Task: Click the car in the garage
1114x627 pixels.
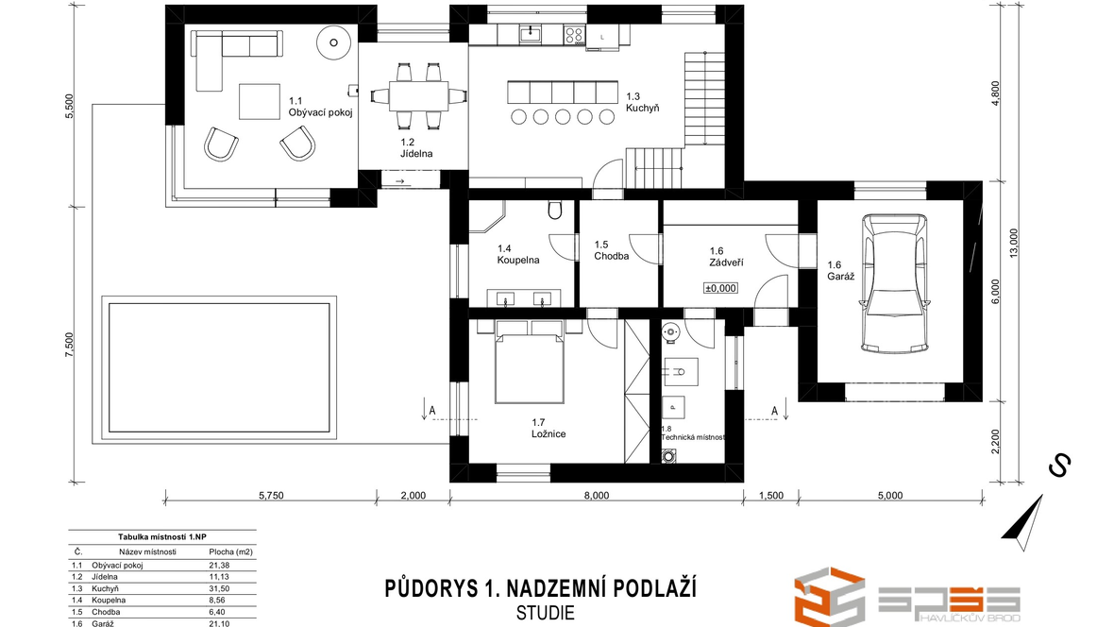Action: pos(894,283)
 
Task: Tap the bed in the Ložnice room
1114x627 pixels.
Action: pos(530,361)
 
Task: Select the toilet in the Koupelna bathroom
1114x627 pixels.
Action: pos(555,210)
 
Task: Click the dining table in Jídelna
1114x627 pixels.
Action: pos(419,95)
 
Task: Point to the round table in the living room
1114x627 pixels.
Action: pos(333,42)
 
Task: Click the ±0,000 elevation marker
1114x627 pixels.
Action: pos(720,288)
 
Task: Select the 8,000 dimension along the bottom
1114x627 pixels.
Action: pos(596,496)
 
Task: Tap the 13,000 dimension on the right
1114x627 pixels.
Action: pos(1013,243)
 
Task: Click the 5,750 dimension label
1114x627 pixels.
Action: pos(271,496)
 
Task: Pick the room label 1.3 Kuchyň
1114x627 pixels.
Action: pos(642,102)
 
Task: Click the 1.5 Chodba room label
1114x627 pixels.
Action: pos(612,250)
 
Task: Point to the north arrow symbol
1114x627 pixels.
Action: pos(1023,523)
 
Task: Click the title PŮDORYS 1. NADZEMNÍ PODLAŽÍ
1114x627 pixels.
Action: pos(541,588)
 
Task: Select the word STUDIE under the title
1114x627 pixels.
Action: pos(545,613)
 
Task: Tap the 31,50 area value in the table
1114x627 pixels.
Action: pos(219,588)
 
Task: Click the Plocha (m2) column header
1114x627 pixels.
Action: pos(231,551)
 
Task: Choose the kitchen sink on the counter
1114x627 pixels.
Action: pos(530,33)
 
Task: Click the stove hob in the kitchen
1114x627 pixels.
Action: pos(573,33)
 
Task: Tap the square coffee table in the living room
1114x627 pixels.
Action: pos(260,102)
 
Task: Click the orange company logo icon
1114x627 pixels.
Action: pos(829,597)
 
